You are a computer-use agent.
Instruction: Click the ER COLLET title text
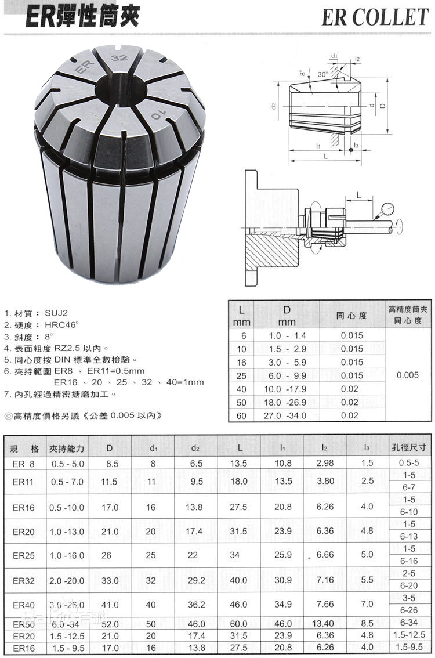pyautogui.click(x=375, y=17)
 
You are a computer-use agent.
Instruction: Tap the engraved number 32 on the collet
pyautogui.click(x=121, y=58)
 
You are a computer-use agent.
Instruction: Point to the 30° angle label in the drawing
pyautogui.click(x=323, y=74)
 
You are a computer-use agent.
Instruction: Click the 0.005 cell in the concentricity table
pyautogui.click(x=407, y=375)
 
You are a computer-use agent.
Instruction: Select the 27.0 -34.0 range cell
pyautogui.click(x=286, y=415)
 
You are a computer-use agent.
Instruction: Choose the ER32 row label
pyautogui.click(x=24, y=580)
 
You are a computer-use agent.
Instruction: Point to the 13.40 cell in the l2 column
pyautogui.click(x=325, y=624)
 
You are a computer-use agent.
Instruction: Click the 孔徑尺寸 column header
pyautogui.click(x=409, y=447)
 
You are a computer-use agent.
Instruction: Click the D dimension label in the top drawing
pyautogui.click(x=398, y=107)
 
